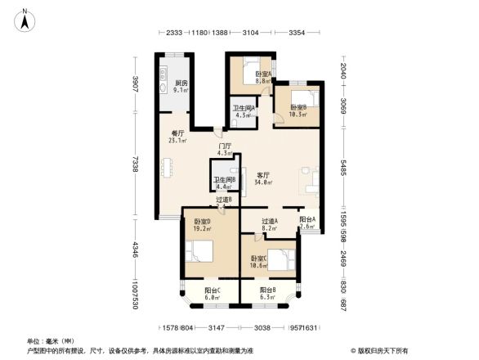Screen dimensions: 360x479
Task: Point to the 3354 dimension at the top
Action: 297,34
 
